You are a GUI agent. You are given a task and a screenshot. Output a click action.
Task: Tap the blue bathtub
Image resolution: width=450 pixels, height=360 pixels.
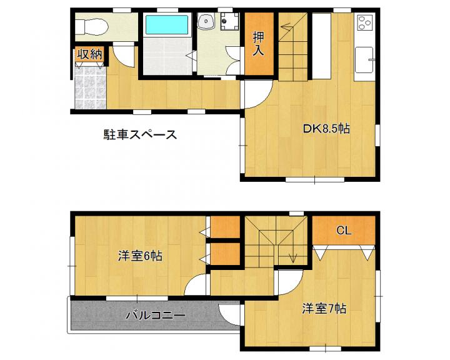pos(167,25)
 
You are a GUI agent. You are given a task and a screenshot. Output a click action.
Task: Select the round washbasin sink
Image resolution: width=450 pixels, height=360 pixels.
pos(206,21)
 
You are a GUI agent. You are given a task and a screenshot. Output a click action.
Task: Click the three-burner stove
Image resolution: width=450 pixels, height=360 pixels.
pos(365,22)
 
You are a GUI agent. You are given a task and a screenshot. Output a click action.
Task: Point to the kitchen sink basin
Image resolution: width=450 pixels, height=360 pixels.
pos(364,60)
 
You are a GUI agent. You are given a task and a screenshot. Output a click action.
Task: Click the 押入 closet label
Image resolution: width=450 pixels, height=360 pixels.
pos(259,43)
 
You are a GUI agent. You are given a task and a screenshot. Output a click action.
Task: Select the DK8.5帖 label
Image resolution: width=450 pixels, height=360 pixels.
pos(326,129)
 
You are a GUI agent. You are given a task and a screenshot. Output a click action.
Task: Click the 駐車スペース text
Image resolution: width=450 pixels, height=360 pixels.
pos(140,134)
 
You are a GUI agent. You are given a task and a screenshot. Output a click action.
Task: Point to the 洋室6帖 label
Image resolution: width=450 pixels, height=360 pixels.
pos(140,256)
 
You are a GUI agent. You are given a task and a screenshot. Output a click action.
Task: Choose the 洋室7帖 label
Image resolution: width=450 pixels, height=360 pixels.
pos(324,309)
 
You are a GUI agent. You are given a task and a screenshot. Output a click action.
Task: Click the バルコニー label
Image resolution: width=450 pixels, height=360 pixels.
pos(156,316)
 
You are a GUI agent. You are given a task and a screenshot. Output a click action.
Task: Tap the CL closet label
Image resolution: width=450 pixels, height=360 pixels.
pos(344,230)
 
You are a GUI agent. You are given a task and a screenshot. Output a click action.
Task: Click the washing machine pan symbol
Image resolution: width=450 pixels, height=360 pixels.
pos(229,21)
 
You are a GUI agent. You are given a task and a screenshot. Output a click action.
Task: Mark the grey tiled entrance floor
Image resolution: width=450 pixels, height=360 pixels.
pos(90,87)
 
